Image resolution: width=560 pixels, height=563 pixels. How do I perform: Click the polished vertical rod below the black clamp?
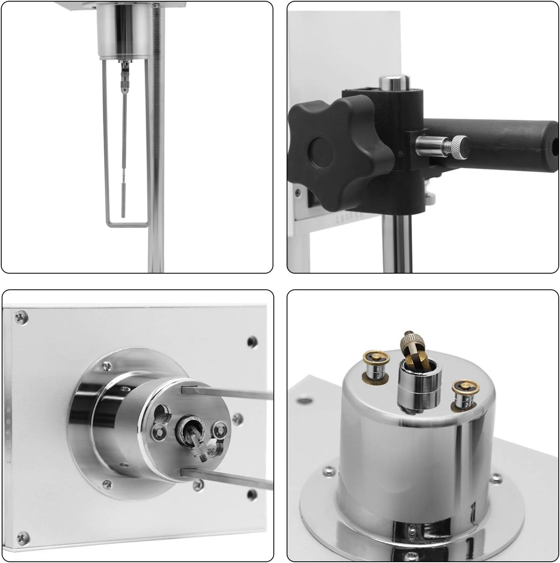[x=396, y=244]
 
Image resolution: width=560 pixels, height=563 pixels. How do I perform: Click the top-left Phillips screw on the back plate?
[x=20, y=317]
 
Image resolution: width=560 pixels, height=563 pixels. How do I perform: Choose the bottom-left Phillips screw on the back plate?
[x=21, y=537]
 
